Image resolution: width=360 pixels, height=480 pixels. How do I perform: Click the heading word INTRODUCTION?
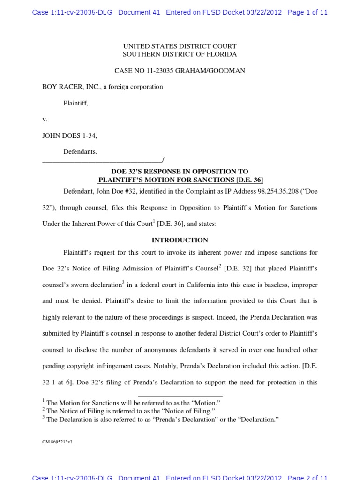pyautogui.click(x=180, y=240)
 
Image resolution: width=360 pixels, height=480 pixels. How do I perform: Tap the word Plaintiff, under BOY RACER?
pyautogui.click(x=75, y=103)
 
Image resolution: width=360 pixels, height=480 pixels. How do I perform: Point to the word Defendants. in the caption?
pyautogui.click(x=80, y=152)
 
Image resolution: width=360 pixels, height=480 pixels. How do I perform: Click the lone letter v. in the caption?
pyautogui.click(x=45, y=120)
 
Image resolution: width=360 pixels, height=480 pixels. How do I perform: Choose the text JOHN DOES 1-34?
pyautogui.click(x=69, y=135)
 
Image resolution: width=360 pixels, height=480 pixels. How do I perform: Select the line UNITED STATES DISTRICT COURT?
pyautogui.click(x=180, y=46)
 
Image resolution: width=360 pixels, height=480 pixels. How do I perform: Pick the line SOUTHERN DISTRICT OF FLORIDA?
pyautogui.click(x=180, y=54)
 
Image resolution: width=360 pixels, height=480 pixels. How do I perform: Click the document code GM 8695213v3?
pyautogui.click(x=57, y=442)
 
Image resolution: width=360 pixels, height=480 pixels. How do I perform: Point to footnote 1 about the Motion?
pyautogui.click(x=133, y=403)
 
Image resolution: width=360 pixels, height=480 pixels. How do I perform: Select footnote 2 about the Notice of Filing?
pyautogui.click(x=130, y=411)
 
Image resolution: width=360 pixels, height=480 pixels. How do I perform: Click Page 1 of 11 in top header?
pyautogui.click(x=307, y=13)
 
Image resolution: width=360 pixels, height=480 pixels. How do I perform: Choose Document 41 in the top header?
pyautogui.click(x=139, y=13)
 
